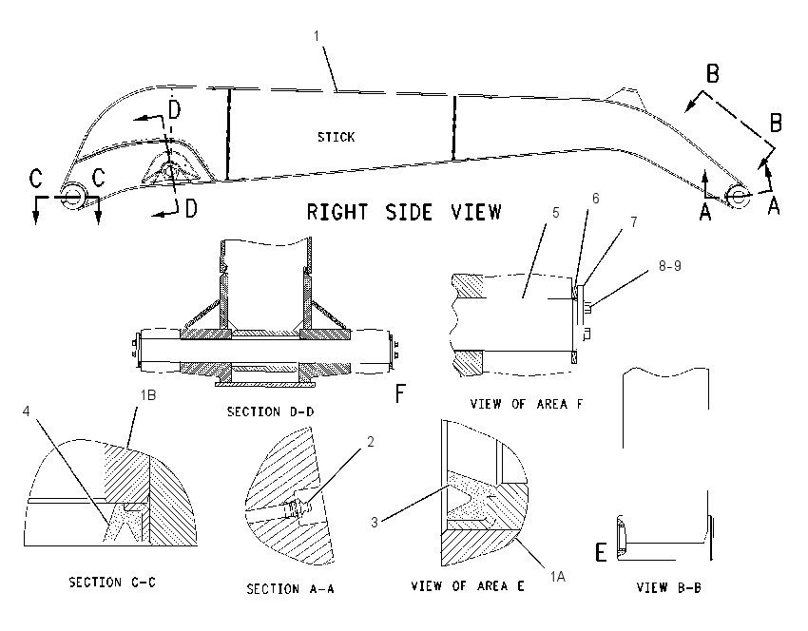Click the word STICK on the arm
coord(336,137)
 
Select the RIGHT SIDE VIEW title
coord(404,212)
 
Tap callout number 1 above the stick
coord(317,36)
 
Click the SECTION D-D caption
coord(271,411)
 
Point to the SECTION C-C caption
coord(112,583)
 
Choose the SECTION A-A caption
coord(290,589)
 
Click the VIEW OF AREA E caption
coord(468,585)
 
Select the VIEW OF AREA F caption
coord(527,404)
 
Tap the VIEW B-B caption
coord(669,587)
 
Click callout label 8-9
coord(670,266)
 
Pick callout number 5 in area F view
coord(555,213)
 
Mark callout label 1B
coord(148,395)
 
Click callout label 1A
coord(558,577)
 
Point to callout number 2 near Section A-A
coord(370,442)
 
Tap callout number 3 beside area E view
coord(375,523)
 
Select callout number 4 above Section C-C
coord(27,411)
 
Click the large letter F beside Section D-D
coord(400,394)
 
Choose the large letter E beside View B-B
coord(601,552)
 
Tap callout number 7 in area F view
coord(634,221)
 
